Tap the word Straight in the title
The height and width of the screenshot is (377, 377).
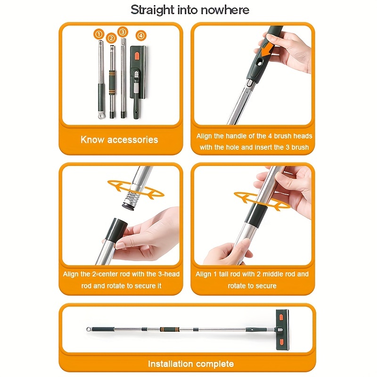(x=150, y=9)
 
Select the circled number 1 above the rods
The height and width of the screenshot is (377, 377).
(x=98, y=34)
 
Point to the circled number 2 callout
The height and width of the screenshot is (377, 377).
(x=111, y=38)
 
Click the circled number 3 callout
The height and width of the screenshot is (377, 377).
(x=123, y=32)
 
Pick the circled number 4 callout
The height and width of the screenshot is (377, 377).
(x=141, y=36)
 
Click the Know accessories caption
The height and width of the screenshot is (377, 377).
(x=119, y=139)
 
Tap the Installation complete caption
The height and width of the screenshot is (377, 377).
(x=190, y=364)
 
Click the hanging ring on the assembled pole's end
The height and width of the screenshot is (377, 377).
(x=88, y=328)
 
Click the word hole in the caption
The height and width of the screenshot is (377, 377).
(x=232, y=147)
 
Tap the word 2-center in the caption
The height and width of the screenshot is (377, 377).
(x=101, y=274)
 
